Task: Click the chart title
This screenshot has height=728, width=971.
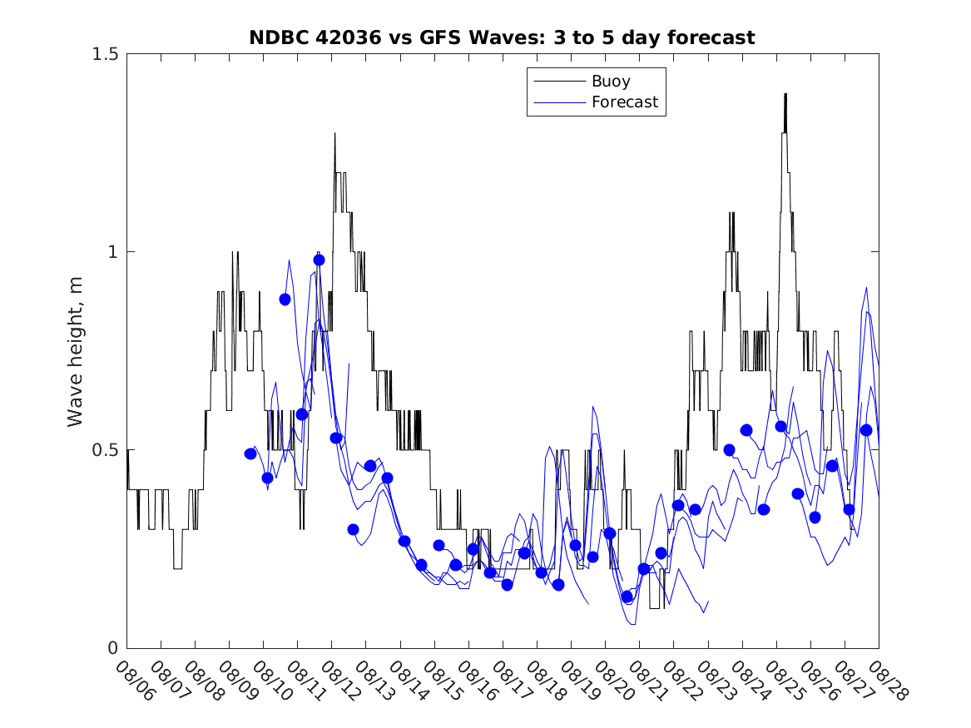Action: [502, 37]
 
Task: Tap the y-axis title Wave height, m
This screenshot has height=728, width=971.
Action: [76, 350]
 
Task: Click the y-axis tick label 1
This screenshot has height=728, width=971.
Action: [111, 252]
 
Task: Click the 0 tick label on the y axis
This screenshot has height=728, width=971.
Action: [111, 648]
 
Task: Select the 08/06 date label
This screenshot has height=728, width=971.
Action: [135, 681]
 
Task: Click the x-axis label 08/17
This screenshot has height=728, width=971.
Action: [511, 681]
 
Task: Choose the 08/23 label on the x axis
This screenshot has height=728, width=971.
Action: [716, 681]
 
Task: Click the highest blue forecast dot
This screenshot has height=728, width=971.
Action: [319, 260]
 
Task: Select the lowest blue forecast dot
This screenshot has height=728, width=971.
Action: [627, 597]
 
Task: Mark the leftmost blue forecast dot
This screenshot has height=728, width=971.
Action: [250, 453]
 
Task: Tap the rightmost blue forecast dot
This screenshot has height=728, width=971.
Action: [865, 430]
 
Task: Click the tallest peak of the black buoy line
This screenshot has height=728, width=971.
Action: [785, 94]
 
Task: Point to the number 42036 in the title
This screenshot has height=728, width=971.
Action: [346, 37]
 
